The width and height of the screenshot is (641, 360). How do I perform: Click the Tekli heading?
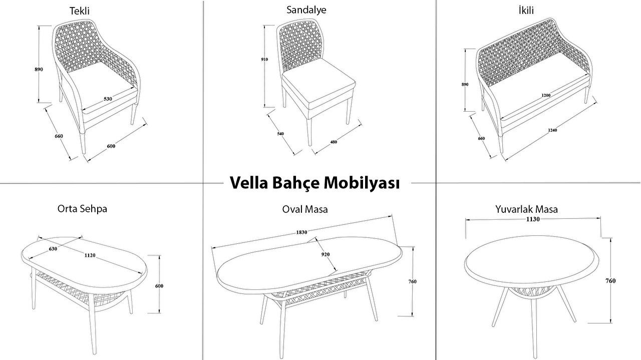tap(80, 11)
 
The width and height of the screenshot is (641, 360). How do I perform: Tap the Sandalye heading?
tap(306, 10)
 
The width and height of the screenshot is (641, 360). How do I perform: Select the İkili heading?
tap(526, 11)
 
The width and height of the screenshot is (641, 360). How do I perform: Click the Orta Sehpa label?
tap(83, 209)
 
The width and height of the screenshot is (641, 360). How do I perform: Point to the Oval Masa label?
tap(305, 209)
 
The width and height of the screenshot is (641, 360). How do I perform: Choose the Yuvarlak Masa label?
tap(527, 209)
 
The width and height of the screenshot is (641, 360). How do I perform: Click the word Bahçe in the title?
tap(295, 183)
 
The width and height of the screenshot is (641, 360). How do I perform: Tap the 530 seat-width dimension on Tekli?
tap(108, 99)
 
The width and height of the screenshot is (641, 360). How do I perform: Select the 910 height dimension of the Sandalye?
tap(264, 60)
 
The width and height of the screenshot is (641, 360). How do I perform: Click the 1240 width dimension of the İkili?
tap(552, 130)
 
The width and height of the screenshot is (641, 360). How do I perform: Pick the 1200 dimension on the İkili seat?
tap(546, 95)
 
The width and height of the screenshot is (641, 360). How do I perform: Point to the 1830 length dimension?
tap(301, 232)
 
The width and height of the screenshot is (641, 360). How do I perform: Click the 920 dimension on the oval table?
tap(326, 254)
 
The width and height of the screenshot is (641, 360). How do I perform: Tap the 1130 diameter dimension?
tap(533, 219)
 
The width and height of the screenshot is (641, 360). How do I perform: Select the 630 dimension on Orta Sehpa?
tap(53, 249)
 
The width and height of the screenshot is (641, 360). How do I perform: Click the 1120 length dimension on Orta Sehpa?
tap(90, 255)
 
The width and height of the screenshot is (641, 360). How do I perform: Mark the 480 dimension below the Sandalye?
tap(334, 142)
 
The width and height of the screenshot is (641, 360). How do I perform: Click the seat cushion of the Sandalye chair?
tap(318, 85)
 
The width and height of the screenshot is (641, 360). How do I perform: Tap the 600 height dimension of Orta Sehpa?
tap(159, 286)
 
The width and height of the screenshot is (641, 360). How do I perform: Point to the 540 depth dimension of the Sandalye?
tap(280, 134)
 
